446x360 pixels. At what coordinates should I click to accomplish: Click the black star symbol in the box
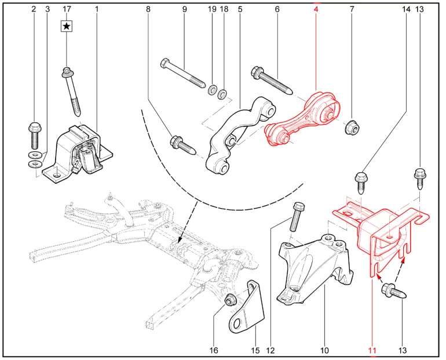67,26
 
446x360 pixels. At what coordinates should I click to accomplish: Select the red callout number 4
316,9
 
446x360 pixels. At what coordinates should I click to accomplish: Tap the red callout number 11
371,350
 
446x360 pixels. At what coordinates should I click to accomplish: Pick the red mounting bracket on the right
382,232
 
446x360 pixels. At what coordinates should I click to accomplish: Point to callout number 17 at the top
67,9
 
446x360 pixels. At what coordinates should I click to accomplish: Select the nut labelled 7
352,127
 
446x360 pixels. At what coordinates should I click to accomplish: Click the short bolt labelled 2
34,133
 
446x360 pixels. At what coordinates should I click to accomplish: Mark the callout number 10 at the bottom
324,350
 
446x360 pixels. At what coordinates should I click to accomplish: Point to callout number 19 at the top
212,9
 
